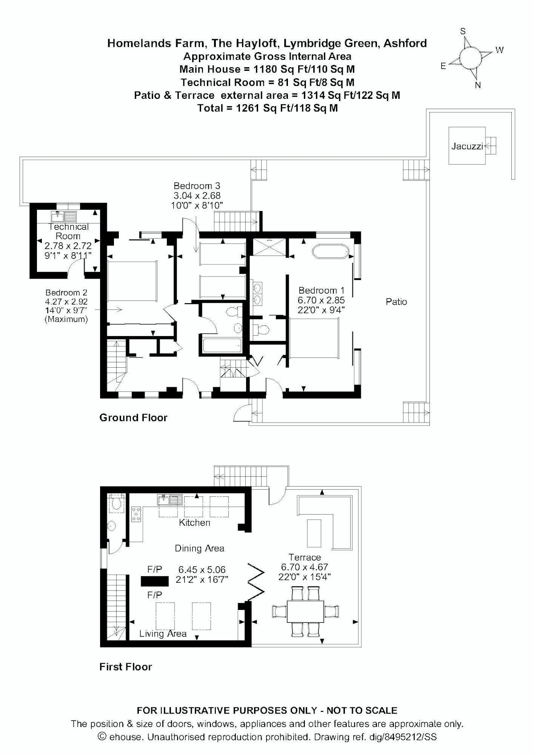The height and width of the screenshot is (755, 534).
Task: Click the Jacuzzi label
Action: [467, 146]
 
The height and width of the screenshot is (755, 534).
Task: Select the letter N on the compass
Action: [478, 85]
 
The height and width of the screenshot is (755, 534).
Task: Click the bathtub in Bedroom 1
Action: [330, 252]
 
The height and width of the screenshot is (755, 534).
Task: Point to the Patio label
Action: [396, 302]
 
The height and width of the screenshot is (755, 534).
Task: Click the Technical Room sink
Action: [64, 216]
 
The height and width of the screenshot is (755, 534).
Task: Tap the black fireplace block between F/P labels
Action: [155, 581]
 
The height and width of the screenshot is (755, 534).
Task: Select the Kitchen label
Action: [194, 523]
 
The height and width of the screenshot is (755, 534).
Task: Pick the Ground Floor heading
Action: [133, 418]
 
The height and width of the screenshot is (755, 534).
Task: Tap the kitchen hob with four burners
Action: [136, 514]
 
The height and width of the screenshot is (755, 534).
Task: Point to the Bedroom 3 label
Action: [197, 186]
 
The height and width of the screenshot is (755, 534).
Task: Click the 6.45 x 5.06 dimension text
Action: [202, 570]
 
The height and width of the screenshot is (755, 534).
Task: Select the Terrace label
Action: [304, 557]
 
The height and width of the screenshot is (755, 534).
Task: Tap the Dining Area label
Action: [199, 548]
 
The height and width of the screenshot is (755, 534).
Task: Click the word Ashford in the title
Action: [405, 44]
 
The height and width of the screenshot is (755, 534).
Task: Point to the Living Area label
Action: [163, 634]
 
